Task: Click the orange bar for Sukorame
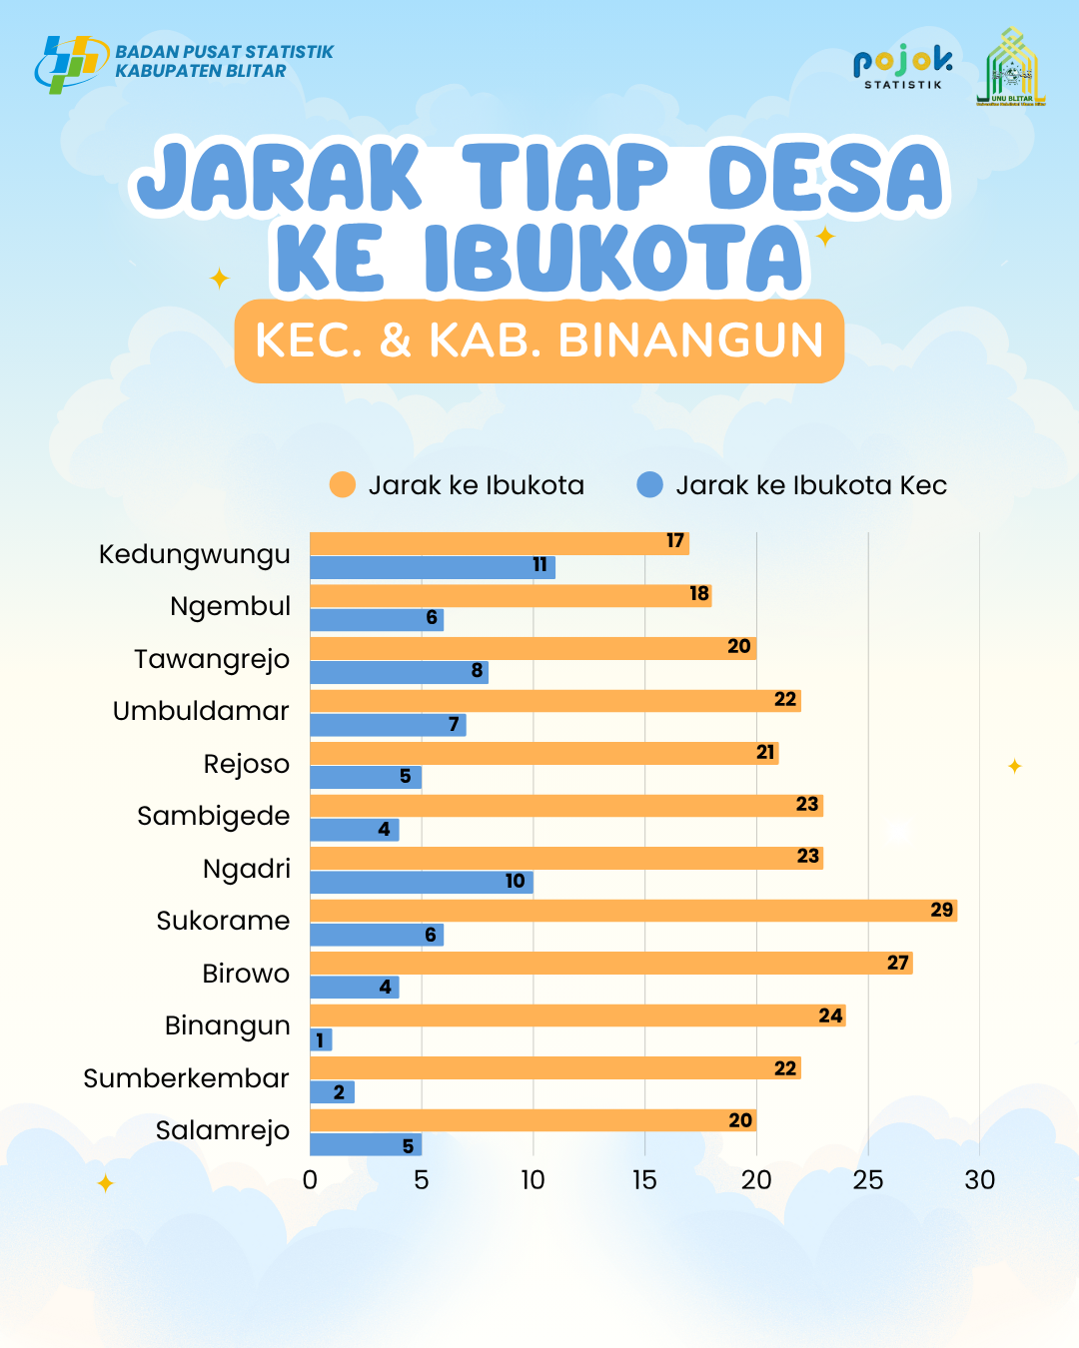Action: pyautogui.click(x=632, y=911)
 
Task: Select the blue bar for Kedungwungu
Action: pyautogui.click(x=432, y=567)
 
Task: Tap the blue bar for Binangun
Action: pyautogui.click(x=321, y=1040)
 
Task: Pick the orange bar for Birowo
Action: pyautogui.click(x=610, y=963)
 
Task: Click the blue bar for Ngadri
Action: pyautogui.click(x=421, y=882)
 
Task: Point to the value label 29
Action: pyautogui.click(x=941, y=910)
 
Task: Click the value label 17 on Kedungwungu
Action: pyautogui.click(x=675, y=541)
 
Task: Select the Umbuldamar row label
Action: pyautogui.click(x=201, y=711)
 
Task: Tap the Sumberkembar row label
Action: pyautogui.click(x=186, y=1078)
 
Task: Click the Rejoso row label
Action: pyautogui.click(x=246, y=764)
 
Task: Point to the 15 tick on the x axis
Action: pyautogui.click(x=644, y=1180)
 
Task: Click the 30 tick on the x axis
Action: pyautogui.click(x=979, y=1180)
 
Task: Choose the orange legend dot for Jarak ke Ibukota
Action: pyautogui.click(x=343, y=485)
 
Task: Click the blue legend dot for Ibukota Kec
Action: pyautogui.click(x=650, y=485)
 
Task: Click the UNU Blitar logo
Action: pyautogui.click(x=1011, y=67)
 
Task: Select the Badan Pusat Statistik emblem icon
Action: pyautogui.click(x=70, y=63)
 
